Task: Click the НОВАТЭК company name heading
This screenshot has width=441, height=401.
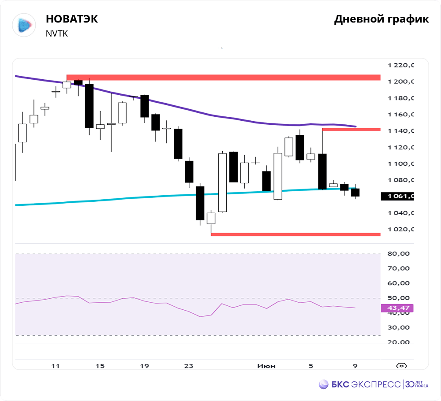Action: [x=72, y=19]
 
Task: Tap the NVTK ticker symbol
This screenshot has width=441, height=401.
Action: [x=57, y=33]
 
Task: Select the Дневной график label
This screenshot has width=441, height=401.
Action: [x=381, y=19]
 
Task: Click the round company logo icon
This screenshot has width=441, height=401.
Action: [x=24, y=25]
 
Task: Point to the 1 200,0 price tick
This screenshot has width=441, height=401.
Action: [x=401, y=82]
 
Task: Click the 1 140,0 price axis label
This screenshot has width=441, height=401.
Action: [x=401, y=131]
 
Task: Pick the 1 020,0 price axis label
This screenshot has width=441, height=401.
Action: [x=401, y=230]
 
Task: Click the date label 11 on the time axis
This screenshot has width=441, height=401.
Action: [x=55, y=366]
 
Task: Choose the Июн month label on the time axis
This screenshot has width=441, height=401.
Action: [x=266, y=366]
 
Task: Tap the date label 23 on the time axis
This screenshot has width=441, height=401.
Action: [x=189, y=366]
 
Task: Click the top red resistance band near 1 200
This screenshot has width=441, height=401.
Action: [x=223, y=78]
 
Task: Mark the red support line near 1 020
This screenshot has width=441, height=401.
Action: [x=295, y=234]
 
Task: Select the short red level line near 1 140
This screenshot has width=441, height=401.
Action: [x=351, y=129]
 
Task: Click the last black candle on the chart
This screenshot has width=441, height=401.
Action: [x=355, y=193]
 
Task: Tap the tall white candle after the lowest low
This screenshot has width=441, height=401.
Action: [x=223, y=182]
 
